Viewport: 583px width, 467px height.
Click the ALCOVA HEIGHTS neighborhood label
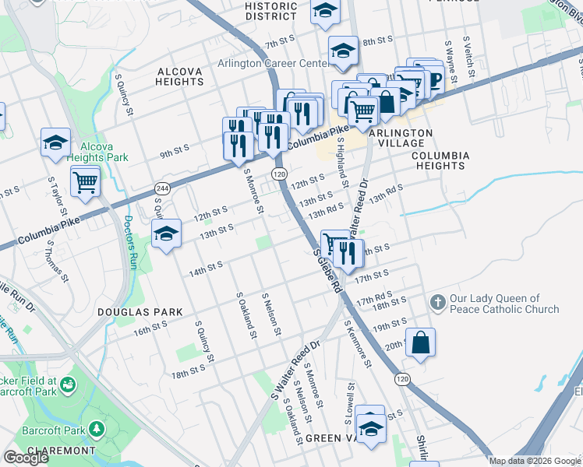click(179, 76)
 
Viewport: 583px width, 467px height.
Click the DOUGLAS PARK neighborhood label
click(140, 311)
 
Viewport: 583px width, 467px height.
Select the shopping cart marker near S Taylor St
click(85, 183)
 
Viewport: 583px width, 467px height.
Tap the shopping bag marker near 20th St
click(420, 342)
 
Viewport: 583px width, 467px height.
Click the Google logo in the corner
click(26, 458)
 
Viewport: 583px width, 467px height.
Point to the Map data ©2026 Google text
click(535, 461)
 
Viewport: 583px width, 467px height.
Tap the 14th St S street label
click(207, 269)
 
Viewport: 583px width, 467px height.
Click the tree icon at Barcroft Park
click(96, 429)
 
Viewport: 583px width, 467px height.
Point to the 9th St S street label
click(178, 153)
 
